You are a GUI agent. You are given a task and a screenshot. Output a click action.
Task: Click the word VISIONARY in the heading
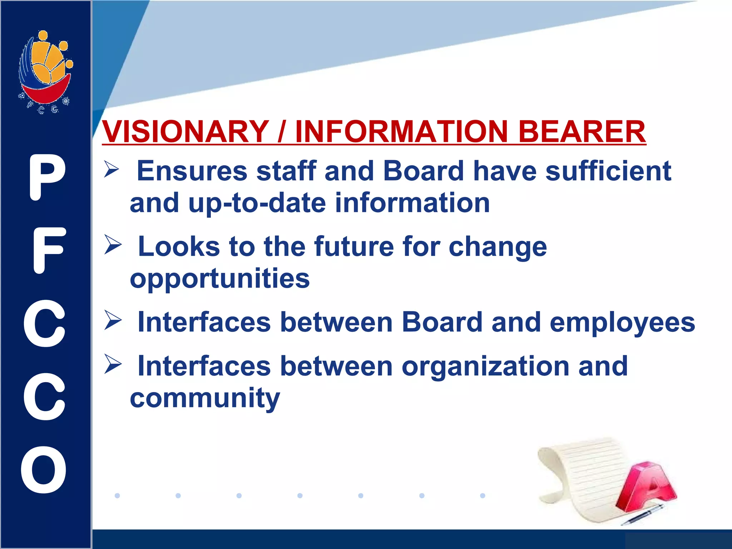tap(185, 131)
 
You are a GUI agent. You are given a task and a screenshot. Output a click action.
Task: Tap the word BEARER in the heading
tap(582, 131)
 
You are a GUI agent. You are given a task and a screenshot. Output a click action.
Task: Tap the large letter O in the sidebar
tap(44, 469)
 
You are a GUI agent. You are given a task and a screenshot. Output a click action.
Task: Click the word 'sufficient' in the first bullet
tap(608, 171)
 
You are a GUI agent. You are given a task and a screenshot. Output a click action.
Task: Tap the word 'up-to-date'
tap(257, 203)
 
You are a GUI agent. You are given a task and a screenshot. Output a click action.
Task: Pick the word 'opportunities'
tap(219, 279)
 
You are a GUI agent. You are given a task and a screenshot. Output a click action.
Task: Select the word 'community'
tap(205, 398)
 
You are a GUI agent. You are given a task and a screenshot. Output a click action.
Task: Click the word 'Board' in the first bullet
tap(423, 171)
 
